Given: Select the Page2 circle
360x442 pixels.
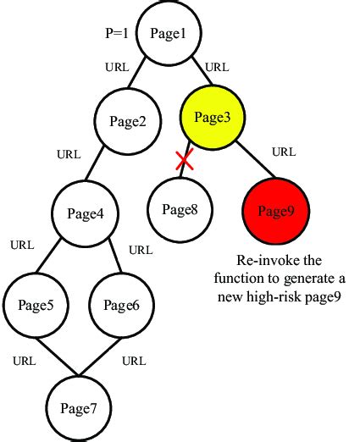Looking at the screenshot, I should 128,121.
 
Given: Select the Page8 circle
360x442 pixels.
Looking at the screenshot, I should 180,208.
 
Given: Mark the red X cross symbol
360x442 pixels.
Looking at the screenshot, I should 185,161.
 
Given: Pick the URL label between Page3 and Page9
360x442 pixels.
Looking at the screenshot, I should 284,153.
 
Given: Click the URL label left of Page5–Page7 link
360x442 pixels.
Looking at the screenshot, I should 25,361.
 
